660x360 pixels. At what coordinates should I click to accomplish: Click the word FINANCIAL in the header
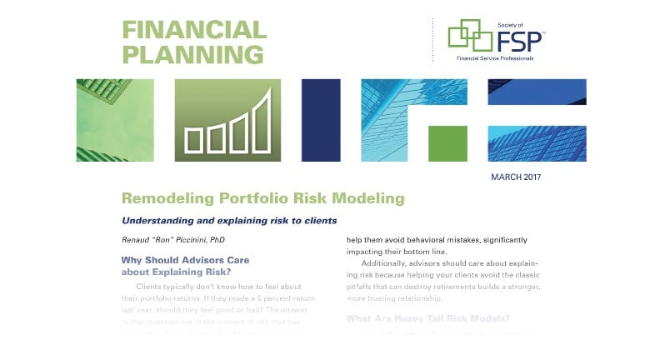coord(194,30)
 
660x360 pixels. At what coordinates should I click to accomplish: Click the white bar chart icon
coord(227,122)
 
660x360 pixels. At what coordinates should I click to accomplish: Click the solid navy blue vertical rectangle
coord(321,120)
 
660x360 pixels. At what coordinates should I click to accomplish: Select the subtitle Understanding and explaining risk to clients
coord(229,221)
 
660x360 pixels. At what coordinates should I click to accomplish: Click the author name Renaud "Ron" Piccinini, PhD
coord(173,240)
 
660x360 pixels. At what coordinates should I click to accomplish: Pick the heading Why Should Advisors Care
coord(185,260)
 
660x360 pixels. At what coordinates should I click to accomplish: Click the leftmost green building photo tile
coord(115,120)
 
